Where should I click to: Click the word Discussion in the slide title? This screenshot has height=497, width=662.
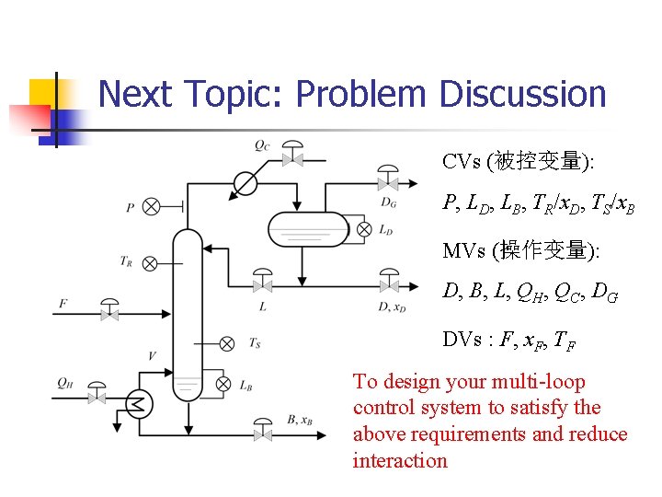pos(522,95)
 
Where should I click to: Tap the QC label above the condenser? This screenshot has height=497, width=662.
pos(263,144)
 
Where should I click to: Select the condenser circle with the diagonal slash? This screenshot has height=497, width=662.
pos(245,184)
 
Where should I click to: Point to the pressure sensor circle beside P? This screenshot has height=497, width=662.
pos(152,207)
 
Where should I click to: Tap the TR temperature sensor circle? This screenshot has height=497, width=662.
pos(152,262)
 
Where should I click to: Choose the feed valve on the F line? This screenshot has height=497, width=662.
pos(109,313)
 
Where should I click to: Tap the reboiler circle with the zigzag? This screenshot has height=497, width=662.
pos(139,403)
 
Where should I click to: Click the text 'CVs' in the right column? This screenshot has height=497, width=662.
pos(461,163)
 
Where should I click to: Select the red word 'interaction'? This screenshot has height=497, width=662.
pos(400,460)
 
